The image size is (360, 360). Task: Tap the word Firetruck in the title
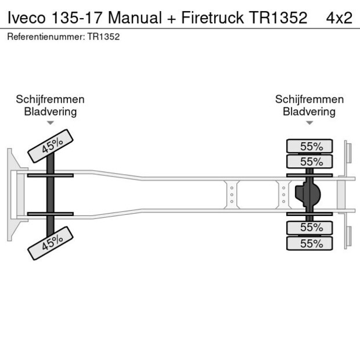[x=212, y=18]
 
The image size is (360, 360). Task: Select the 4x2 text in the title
[x=339, y=18]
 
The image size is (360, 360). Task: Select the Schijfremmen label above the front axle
[x=50, y=99]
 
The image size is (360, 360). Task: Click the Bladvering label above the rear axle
[x=309, y=111]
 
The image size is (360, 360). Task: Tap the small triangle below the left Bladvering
[x=51, y=123]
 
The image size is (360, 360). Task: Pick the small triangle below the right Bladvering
[x=309, y=123]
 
